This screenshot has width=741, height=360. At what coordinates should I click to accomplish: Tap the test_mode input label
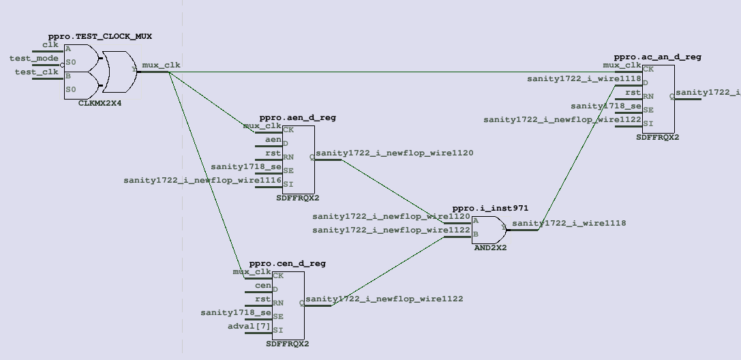tap(34, 59)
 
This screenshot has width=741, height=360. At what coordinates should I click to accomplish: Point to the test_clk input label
tap(37, 72)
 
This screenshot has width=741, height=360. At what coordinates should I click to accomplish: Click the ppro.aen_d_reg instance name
tap(297, 118)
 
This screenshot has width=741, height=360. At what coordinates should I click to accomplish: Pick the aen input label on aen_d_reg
tap(273, 140)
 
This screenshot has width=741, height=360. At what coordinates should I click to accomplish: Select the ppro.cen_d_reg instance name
tap(287, 263)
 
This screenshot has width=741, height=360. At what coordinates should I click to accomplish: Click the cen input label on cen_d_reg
tap(262, 286)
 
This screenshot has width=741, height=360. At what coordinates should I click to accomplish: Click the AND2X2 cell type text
tap(490, 247)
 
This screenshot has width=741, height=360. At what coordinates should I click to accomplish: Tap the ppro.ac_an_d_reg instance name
tap(657, 57)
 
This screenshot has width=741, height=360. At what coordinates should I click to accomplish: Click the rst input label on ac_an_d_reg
tap(633, 93)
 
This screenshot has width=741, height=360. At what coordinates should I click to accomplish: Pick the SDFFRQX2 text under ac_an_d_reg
tap(657, 138)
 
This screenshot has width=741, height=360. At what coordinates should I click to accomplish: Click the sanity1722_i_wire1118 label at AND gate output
tap(569, 223)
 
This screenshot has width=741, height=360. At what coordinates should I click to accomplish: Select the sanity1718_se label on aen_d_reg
tap(246, 166)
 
